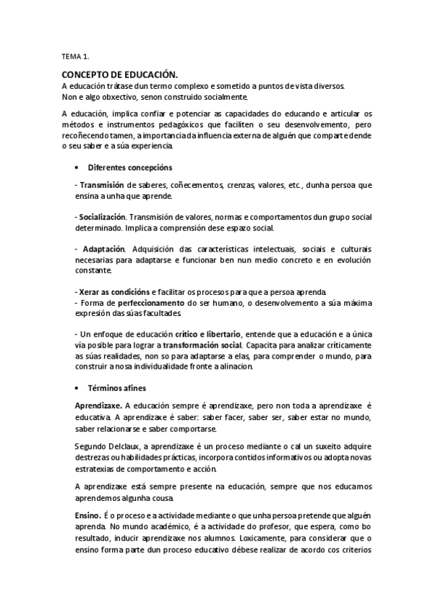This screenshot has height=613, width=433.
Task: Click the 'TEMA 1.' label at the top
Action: pyautogui.click(x=75, y=55)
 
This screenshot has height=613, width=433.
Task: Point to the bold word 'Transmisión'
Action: pyautogui.click(x=102, y=185)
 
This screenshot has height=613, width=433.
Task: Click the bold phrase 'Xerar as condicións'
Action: pyautogui.click(x=109, y=291)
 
